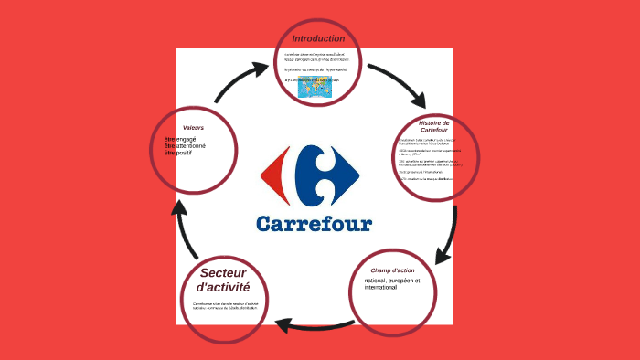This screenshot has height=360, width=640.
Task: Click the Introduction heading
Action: [x=318, y=38]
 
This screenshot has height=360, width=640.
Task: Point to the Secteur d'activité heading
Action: [x=224, y=281]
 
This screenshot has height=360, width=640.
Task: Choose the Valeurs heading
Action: [x=193, y=127]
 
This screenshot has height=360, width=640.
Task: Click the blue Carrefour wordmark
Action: [x=314, y=223]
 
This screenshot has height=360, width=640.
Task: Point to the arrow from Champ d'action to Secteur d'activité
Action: [x=311, y=323]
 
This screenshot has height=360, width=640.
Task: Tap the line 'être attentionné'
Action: [x=186, y=146]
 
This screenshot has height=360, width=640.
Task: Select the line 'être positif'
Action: [x=180, y=153]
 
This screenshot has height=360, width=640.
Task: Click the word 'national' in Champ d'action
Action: [x=378, y=281]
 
